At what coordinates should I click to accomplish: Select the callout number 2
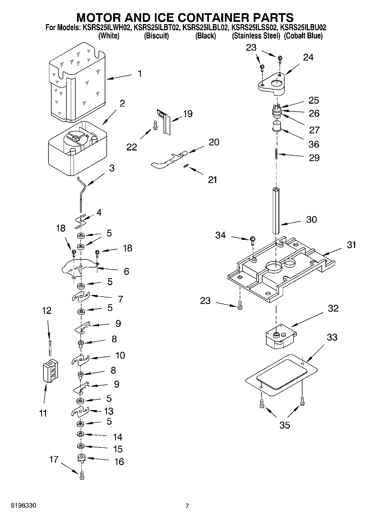pos(122,103)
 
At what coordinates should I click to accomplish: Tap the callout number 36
pos(314,144)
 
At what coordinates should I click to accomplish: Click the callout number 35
pos(285,425)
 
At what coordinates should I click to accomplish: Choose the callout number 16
pos(119,462)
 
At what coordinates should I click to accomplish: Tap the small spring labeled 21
pos(185,167)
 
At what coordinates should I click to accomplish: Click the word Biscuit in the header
pos(156,36)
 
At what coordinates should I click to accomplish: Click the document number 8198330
pos(23,506)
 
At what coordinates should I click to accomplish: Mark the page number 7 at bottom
pos(187,506)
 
